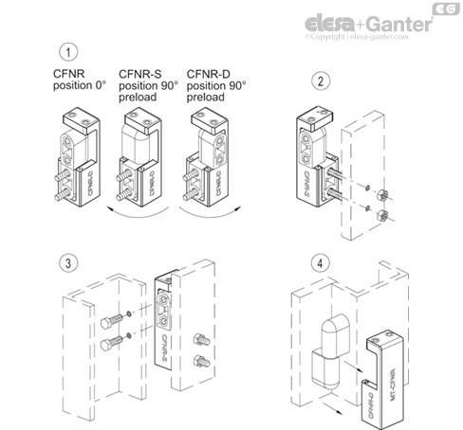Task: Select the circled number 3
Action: click(67, 260)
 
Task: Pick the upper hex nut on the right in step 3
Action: click(200, 336)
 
